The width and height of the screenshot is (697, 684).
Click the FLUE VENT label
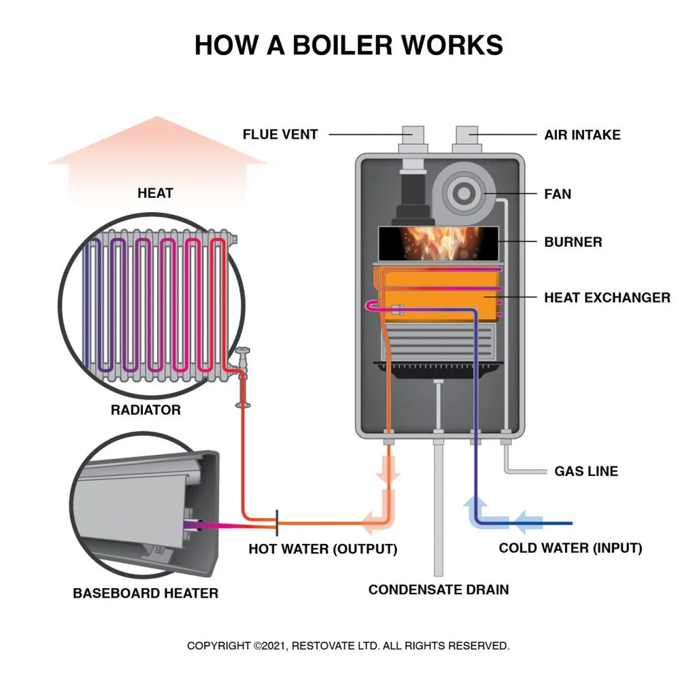click(280, 135)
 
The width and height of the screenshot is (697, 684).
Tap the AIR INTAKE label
click(582, 135)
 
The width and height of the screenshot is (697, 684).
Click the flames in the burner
click(437, 242)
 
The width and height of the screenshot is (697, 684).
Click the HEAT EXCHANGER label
click(607, 298)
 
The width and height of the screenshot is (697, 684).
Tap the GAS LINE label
click(586, 471)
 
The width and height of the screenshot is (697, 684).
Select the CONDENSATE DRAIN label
click(439, 590)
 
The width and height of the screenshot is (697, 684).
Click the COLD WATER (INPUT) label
click(570, 548)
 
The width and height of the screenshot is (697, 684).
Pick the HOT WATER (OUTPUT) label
click(323, 549)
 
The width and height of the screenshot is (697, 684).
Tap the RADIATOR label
click(146, 410)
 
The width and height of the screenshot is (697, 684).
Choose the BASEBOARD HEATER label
click(146, 593)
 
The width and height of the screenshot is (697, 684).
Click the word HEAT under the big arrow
click(155, 193)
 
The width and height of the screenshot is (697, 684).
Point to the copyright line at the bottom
click(348, 646)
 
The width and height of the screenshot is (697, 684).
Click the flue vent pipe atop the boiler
click(412, 139)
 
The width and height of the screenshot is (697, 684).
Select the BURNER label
click(573, 242)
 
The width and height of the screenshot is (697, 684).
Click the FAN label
click(558, 194)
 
